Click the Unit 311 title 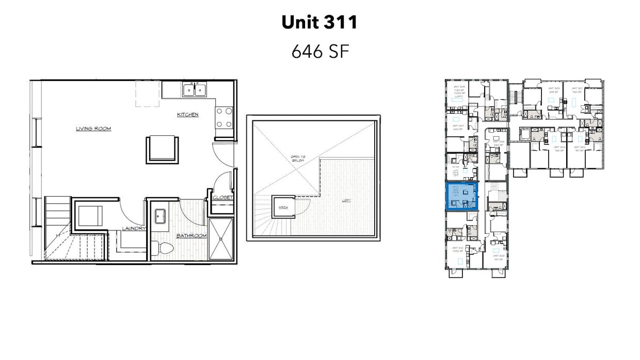tap(319, 22)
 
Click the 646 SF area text tap(319, 52)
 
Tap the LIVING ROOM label tap(93, 129)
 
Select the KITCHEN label tap(188, 115)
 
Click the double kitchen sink tap(195, 90)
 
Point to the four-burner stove tap(224, 117)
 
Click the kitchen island tap(162, 149)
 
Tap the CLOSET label tap(223, 197)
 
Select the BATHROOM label tap(191, 236)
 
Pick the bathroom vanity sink tap(159, 216)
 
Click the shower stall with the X tap(220, 239)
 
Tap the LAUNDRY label tap(134, 229)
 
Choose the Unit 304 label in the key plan tap(559, 149)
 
